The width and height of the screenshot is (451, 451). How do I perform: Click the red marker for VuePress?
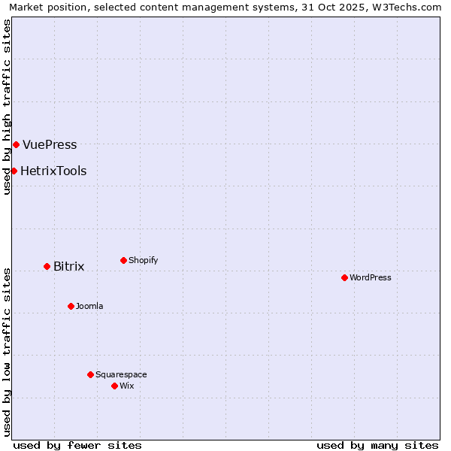[16, 144]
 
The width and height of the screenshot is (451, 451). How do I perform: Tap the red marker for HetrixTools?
[14, 171]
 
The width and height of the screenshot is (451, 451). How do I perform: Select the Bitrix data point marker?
[47, 266]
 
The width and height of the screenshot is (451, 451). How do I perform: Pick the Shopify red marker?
[123, 260]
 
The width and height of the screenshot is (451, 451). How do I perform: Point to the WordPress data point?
[344, 277]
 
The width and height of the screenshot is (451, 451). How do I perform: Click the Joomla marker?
[71, 306]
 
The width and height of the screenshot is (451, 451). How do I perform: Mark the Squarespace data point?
[90, 374]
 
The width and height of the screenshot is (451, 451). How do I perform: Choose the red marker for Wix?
[114, 386]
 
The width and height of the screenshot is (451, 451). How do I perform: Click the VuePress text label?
[50, 144]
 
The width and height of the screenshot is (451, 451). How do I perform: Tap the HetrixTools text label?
[53, 171]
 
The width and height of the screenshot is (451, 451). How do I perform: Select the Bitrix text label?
[68, 266]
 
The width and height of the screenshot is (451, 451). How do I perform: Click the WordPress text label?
[371, 277]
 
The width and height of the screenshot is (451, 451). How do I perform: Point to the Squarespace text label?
[121, 374]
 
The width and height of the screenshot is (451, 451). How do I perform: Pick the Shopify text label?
[143, 260]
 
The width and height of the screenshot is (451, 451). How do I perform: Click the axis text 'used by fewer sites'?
[77, 445]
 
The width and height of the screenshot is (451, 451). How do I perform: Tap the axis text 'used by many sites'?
[377, 445]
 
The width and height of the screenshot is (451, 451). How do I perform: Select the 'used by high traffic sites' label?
[7, 107]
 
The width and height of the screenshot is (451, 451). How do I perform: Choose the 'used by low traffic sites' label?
[7, 352]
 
